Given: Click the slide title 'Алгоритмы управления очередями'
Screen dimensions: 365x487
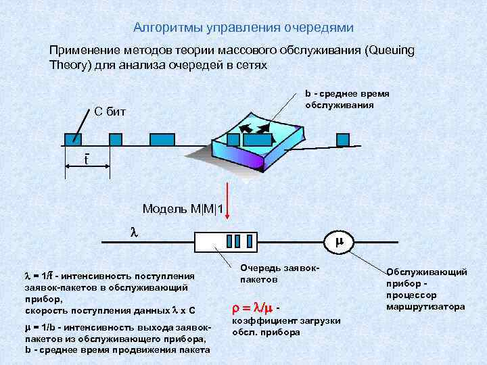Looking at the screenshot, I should click(x=243, y=28).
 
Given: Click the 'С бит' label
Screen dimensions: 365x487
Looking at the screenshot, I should click(x=108, y=112).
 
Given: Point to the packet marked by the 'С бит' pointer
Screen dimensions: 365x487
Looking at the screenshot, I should click(x=72, y=139).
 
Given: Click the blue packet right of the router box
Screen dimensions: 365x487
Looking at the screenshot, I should click(x=343, y=139).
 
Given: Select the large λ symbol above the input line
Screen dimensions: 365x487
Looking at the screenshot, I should click(x=133, y=231).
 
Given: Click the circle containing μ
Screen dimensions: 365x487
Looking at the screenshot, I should click(x=340, y=241).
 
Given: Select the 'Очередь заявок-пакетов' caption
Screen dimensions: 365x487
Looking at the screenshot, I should click(x=269, y=273).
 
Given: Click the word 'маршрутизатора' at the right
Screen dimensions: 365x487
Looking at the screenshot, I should click(x=425, y=307).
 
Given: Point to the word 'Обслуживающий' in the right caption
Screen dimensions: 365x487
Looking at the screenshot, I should click(x=426, y=272).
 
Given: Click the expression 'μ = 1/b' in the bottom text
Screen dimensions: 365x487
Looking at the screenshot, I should click(x=39, y=329).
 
